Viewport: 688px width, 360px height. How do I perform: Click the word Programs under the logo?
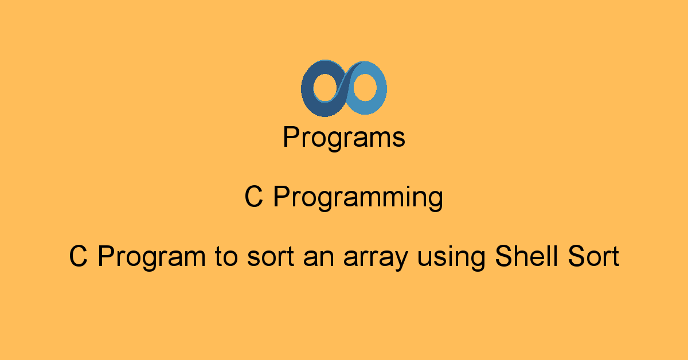coord(343,138)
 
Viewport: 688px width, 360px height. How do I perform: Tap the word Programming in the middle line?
coord(358,198)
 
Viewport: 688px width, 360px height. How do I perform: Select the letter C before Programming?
coord(253,197)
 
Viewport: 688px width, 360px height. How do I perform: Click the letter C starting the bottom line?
coord(79,256)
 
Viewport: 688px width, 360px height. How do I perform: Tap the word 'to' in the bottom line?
coord(226,256)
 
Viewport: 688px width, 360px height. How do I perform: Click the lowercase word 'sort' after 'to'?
coord(271,257)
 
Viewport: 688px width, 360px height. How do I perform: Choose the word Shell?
coord(526,256)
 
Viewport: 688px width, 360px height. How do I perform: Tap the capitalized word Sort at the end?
coord(593,256)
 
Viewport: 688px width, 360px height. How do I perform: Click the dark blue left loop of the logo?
coord(307,89)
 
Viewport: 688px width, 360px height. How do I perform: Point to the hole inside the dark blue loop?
coord(326,87)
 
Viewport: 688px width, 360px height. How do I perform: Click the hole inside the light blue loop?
coord(365,87)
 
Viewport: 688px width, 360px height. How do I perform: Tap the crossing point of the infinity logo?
coord(344,88)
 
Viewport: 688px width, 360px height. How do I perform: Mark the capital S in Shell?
coord(505,256)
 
